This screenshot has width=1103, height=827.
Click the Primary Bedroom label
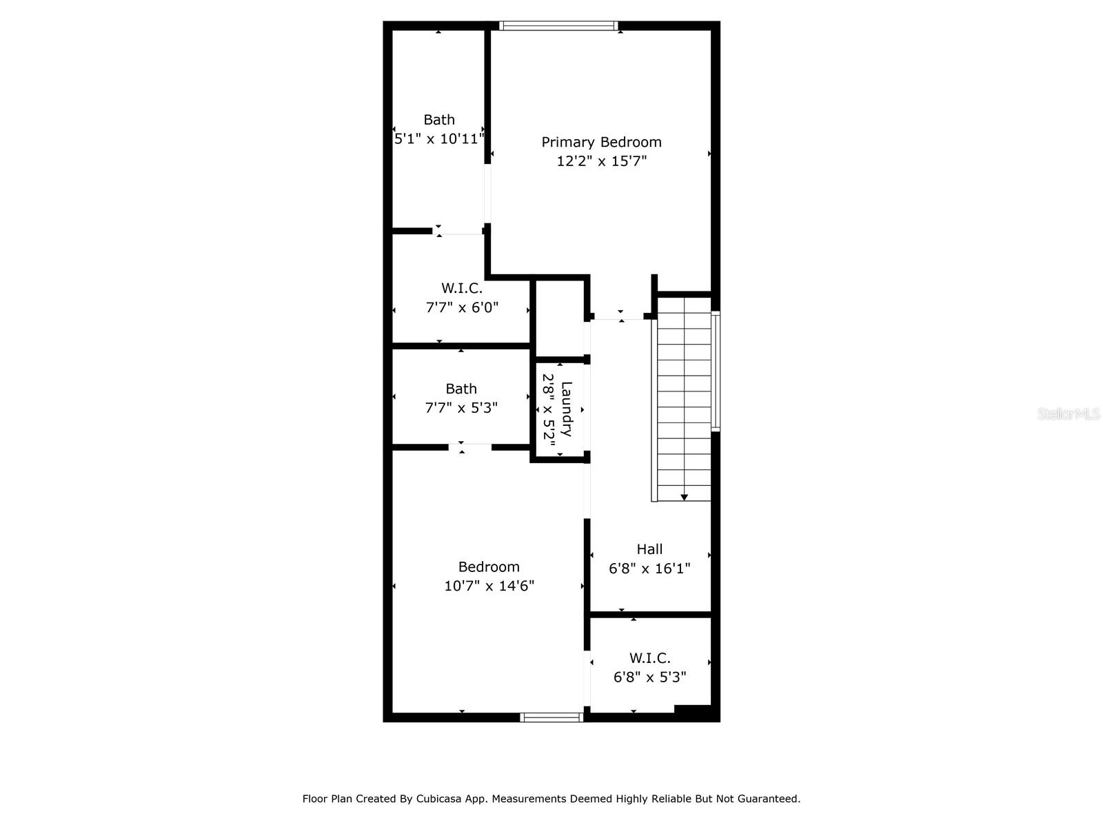[x=601, y=142]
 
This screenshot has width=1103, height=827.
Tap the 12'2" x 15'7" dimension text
[x=601, y=161]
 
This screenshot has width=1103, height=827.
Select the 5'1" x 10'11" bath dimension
[x=438, y=139]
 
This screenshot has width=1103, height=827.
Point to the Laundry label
[x=567, y=409]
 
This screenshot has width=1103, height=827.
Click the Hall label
[x=649, y=549]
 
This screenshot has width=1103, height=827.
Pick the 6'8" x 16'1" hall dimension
[x=649, y=569]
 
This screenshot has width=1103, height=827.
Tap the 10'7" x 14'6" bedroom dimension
[x=489, y=586]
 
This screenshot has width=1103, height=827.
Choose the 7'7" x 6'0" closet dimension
[x=462, y=307]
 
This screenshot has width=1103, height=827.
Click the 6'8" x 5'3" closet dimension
[x=649, y=677]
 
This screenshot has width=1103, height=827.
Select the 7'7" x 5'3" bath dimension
[x=461, y=408]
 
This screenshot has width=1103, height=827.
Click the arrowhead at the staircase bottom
[x=684, y=497]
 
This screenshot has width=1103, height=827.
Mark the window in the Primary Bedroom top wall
[x=558, y=25]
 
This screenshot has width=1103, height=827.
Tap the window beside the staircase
[x=716, y=371]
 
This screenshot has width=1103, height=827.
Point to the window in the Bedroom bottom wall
[x=551, y=717]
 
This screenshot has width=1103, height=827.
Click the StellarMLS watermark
[x=1069, y=414]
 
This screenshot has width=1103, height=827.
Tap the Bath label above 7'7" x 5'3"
[x=461, y=389]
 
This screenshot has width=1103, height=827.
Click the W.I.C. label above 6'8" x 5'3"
[x=649, y=657]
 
